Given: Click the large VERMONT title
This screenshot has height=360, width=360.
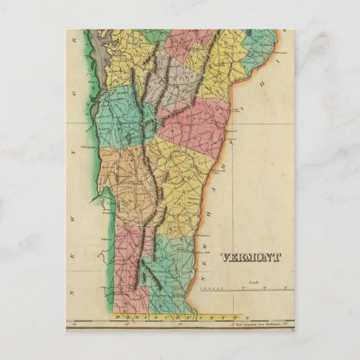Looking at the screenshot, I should [250, 257].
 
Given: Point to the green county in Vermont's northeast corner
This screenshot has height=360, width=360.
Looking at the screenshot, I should [257, 50].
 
